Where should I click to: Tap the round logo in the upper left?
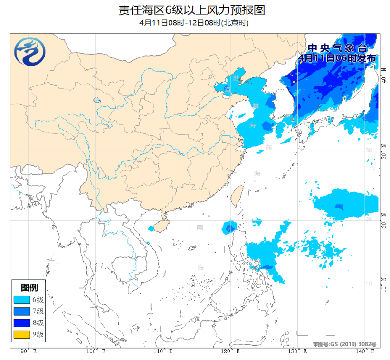[x=30, y=52]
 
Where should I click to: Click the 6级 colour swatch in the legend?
[x=22, y=300]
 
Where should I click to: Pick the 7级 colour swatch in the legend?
[x=22, y=311]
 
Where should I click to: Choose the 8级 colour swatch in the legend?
[x=22, y=322]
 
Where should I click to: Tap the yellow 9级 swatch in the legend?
[x=22, y=334]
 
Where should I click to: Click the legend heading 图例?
[x=29, y=287]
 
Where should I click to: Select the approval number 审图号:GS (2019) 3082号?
[x=344, y=343]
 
